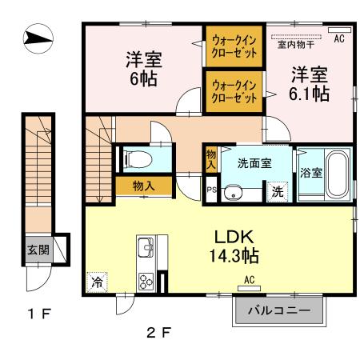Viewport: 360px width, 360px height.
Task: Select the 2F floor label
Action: pos(158,330)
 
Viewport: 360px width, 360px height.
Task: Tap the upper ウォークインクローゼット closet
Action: pos(234,48)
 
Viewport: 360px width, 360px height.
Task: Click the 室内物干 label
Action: pos(294,46)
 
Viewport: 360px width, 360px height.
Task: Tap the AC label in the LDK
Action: pos(248,279)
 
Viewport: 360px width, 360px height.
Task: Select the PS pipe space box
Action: pos(211,190)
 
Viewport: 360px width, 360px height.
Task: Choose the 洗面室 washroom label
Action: pos(254,162)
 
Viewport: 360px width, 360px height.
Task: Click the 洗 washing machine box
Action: pos(276,192)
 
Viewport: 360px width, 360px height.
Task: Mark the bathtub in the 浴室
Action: pos(335,173)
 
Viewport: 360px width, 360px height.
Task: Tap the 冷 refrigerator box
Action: pos(96,282)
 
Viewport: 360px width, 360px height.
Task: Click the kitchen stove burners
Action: pos(147,282)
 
